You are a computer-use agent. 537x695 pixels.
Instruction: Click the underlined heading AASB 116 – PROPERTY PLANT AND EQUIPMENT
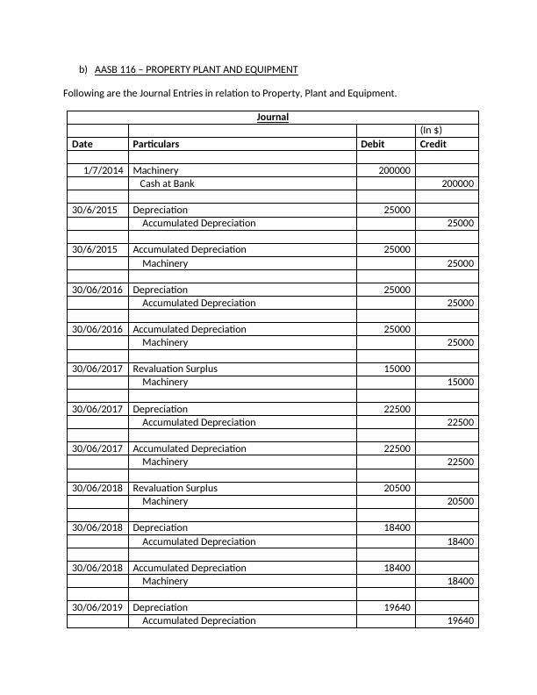coord(196,69)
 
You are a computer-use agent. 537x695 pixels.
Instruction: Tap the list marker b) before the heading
coord(83,69)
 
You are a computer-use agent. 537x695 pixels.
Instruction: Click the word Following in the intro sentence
coord(86,93)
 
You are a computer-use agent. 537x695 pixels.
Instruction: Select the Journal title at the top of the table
coord(272,117)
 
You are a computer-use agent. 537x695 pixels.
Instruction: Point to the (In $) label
coord(431,130)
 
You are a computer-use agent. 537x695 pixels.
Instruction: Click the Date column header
coord(82,143)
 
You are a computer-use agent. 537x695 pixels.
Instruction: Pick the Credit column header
coord(433,143)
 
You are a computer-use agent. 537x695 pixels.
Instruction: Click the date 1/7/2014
coord(104,170)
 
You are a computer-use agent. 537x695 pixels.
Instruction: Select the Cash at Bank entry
coord(167,183)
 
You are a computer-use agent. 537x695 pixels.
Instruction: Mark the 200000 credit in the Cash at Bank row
coord(457,183)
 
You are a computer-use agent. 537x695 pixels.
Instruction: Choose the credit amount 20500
coord(460,501)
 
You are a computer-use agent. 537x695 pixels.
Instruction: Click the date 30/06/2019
coord(97,607)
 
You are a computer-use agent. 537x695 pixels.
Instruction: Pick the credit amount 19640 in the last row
coord(460,620)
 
